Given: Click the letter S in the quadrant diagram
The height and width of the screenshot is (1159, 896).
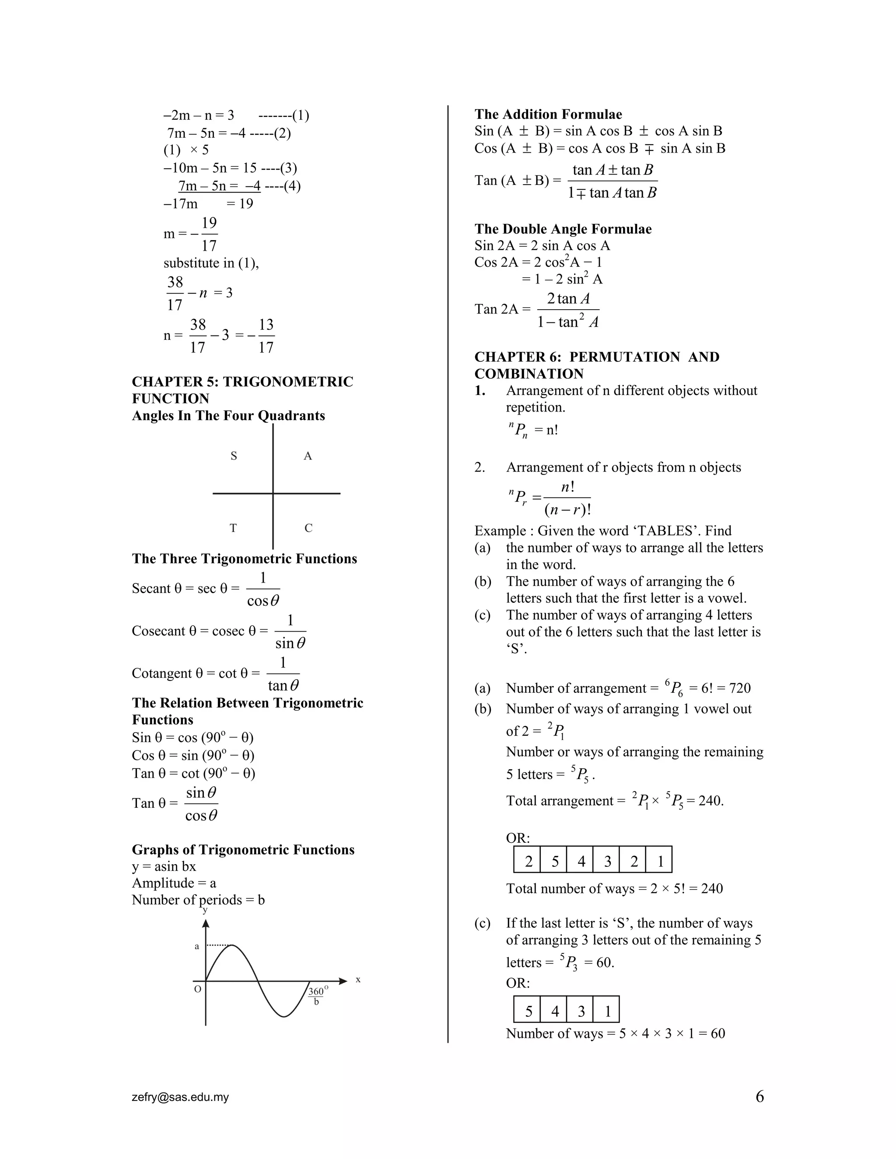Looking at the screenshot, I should point(234,456).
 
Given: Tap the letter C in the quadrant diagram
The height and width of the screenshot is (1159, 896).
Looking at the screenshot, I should point(308,528).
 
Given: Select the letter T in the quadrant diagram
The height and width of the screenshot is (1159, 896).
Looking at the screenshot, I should point(233,528).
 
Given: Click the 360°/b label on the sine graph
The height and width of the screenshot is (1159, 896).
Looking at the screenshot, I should point(317,996).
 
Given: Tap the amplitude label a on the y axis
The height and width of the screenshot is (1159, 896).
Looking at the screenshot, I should point(197,946).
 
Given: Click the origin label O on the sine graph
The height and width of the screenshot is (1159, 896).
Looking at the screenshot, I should point(197,989).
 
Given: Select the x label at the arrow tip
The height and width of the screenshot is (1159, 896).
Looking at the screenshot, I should point(358,980).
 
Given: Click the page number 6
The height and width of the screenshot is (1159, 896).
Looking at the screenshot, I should point(759,1096).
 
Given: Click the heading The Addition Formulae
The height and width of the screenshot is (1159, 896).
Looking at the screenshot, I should point(548,114).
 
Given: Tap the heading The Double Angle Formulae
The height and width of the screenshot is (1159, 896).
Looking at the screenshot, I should point(563,229).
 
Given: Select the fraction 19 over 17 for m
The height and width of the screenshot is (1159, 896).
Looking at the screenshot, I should point(209,234).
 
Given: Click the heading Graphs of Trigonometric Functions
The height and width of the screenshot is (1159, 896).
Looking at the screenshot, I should point(243,850).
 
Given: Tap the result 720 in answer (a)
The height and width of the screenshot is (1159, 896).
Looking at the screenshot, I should point(739,688).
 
